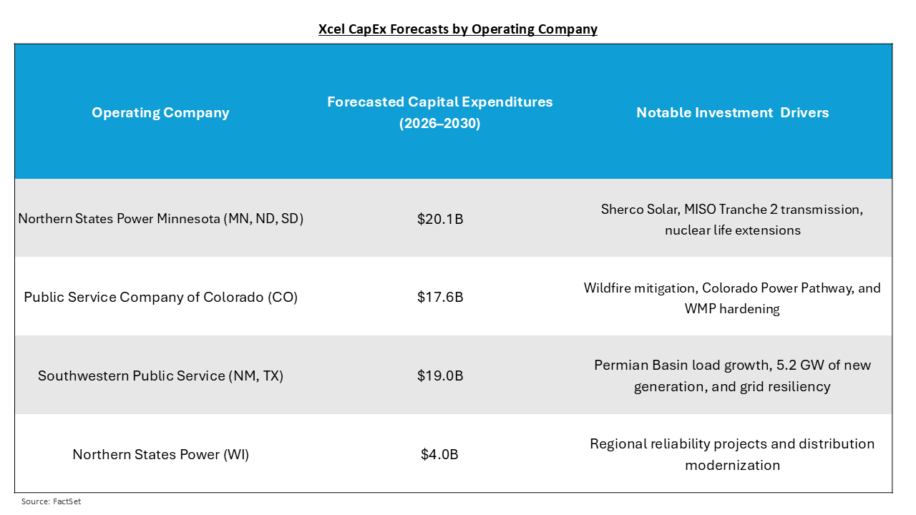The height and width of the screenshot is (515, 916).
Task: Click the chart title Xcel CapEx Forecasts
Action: (x=458, y=29)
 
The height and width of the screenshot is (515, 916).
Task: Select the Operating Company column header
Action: (x=160, y=112)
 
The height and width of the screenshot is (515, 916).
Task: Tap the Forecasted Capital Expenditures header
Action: (x=439, y=102)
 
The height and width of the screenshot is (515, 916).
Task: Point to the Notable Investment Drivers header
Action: (x=732, y=112)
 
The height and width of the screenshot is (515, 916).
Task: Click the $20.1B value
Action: (x=440, y=219)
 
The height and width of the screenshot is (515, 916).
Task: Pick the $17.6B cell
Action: (x=440, y=297)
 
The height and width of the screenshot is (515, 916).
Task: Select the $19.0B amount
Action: (x=440, y=376)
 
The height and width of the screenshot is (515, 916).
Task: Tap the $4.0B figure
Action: (x=439, y=454)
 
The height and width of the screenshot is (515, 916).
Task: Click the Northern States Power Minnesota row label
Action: (x=161, y=219)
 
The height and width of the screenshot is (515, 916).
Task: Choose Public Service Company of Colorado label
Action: (x=161, y=297)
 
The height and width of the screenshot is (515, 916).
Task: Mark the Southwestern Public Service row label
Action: (x=161, y=376)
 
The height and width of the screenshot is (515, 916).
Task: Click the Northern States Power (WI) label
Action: (x=161, y=454)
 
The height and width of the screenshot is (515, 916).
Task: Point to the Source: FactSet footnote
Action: (x=51, y=501)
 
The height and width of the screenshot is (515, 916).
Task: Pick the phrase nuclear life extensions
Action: (x=732, y=230)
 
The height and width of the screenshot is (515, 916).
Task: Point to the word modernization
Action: (x=732, y=465)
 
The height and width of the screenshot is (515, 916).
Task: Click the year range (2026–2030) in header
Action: (x=439, y=123)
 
